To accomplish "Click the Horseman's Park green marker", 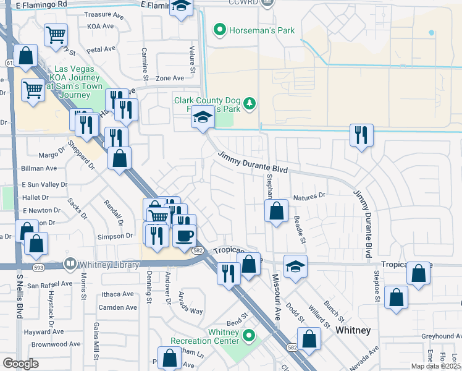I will [218, 30].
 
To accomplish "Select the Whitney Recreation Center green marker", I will [249, 336].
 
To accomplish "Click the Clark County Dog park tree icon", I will [249, 103].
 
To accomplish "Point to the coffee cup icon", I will [184, 235].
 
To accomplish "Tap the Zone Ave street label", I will [170, 78].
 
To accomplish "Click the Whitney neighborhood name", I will [353, 331].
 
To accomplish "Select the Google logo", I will [20, 364].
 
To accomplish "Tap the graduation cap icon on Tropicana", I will [295, 267].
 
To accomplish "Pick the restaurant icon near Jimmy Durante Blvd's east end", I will [361, 135].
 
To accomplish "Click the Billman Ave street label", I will [39, 168].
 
